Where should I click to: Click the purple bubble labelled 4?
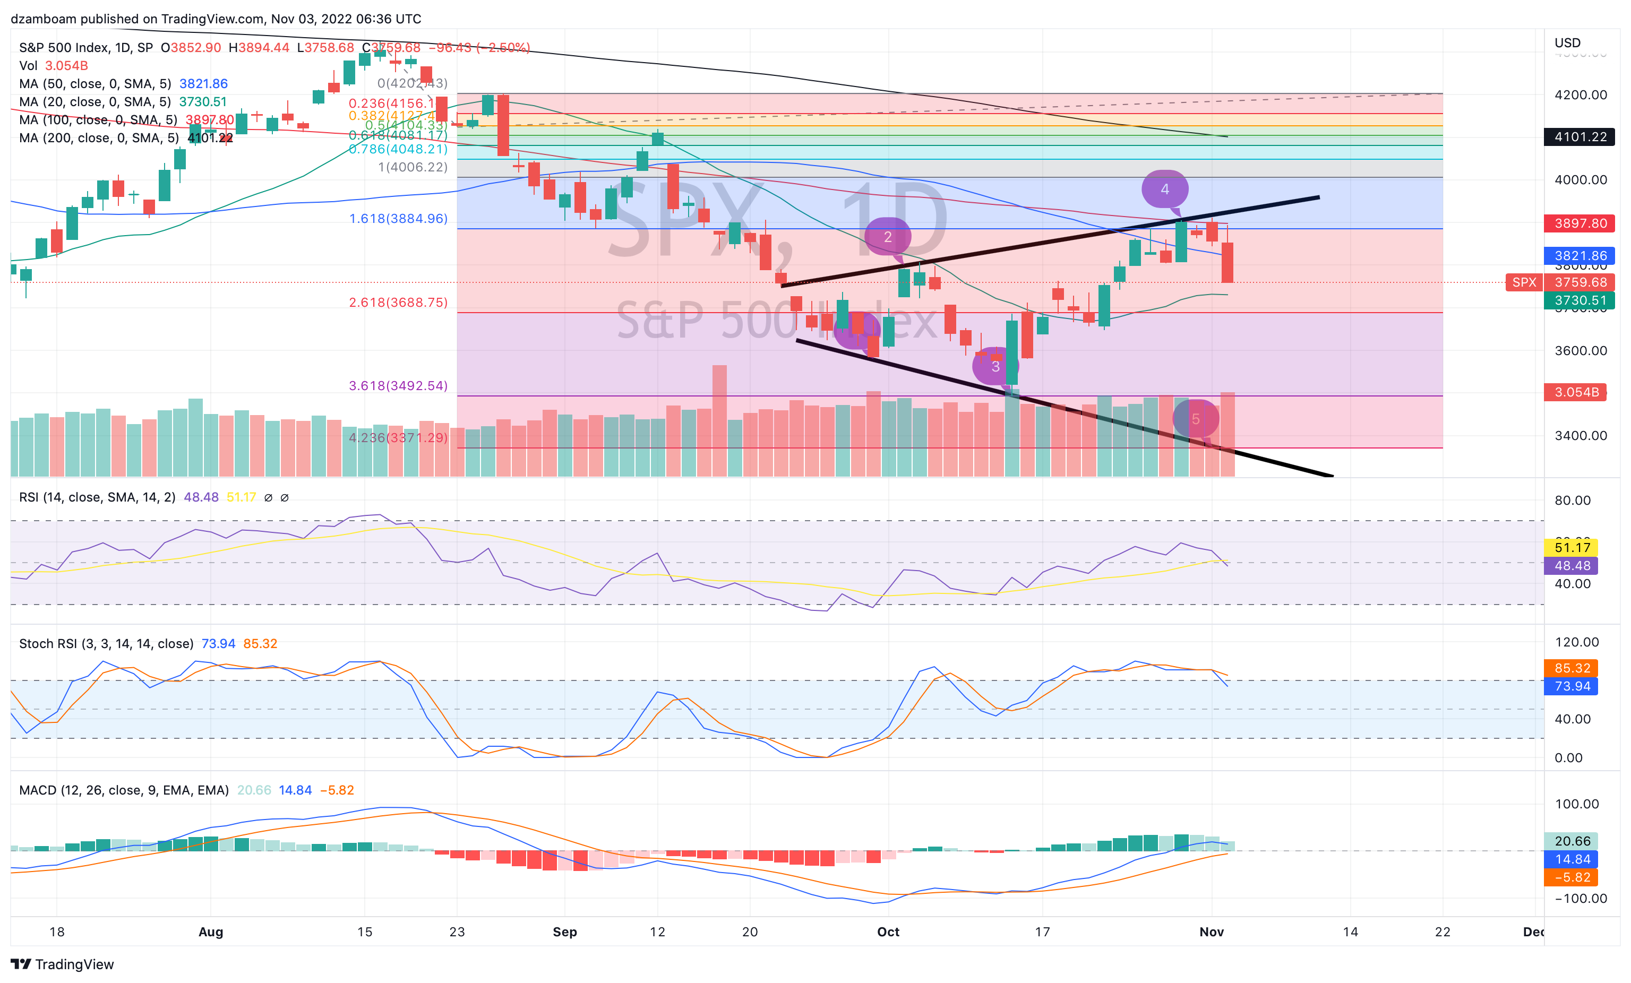(1164, 189)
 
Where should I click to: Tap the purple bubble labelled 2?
(888, 236)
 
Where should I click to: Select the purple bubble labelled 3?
(995, 366)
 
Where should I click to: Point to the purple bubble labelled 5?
(1196, 418)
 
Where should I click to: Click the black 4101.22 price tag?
(1580, 137)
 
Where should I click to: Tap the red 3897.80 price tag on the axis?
(1580, 223)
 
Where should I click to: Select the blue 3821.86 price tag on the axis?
(1580, 255)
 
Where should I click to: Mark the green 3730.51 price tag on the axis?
(1580, 300)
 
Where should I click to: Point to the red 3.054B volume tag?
(1575, 392)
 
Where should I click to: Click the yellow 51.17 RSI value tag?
(1572, 547)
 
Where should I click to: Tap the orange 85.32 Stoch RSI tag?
(1572, 668)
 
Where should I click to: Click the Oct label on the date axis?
(888, 932)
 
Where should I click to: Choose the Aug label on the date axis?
(210, 932)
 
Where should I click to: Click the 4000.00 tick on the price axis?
(1580, 180)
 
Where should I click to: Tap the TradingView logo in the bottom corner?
(62, 964)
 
